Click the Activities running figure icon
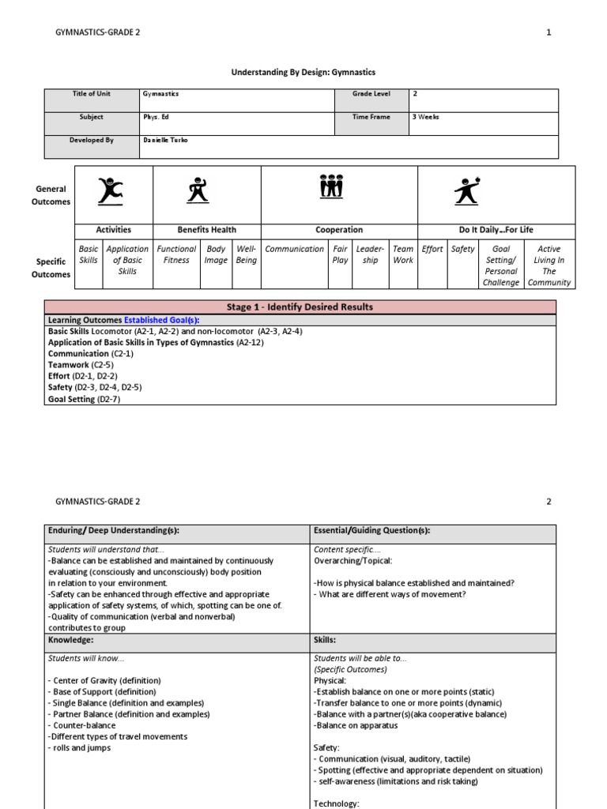[111, 191]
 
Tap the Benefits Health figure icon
[195, 191]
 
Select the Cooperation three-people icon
[332, 187]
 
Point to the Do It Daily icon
[467, 191]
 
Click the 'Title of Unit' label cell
[92, 94]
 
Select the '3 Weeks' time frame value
[425, 117]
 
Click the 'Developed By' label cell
[92, 140]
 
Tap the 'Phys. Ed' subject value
[156, 117]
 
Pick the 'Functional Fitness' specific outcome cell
[176, 254]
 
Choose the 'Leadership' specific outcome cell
[370, 254]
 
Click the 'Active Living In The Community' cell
[549, 265]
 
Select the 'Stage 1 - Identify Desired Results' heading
[300, 307]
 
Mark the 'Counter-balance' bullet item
[82, 725]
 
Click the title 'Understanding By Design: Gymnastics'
[303, 72]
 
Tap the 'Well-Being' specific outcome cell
[246, 254]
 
